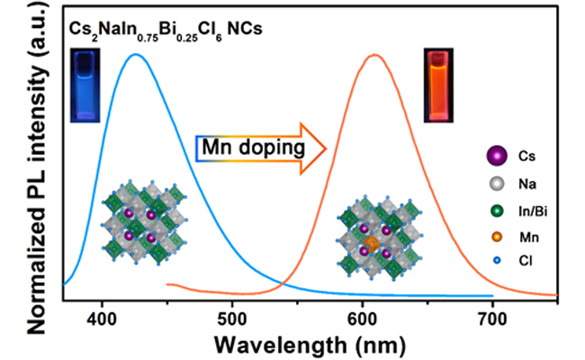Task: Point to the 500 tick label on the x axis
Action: tap(232, 317)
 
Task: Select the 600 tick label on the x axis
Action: tap(363, 317)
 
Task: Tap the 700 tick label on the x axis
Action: tap(493, 317)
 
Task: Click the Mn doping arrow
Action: tap(261, 145)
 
